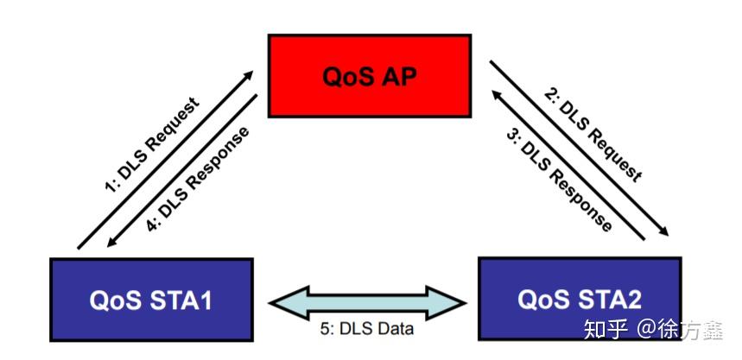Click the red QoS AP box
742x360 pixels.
tap(369, 75)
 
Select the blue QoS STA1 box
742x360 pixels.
tap(151, 299)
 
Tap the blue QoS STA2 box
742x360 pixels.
tap(579, 299)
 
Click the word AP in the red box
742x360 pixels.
tap(398, 75)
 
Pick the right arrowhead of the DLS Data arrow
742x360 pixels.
tap(459, 301)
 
